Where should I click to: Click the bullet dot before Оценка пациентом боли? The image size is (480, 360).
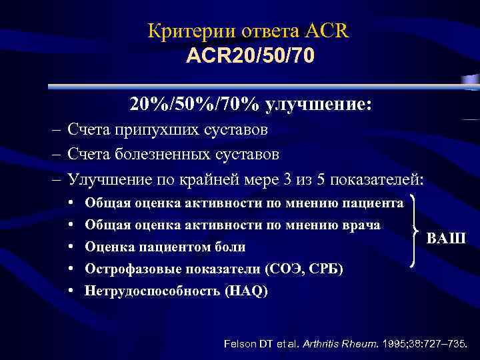point(71,247)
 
